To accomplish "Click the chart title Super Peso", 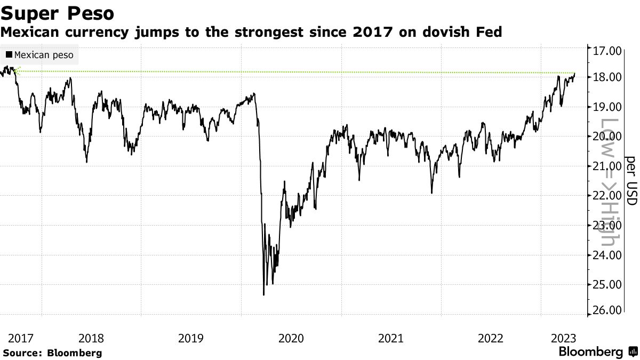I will [x=57, y=12].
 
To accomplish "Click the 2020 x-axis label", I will [x=291, y=338].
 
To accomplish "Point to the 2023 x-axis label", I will [x=563, y=338].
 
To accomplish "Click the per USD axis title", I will [x=631, y=181].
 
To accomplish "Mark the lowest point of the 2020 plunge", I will [x=263, y=295].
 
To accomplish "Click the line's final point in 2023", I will [x=575, y=73].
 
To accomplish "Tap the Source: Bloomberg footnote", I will [x=52, y=353].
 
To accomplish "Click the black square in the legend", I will [x=9, y=54].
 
